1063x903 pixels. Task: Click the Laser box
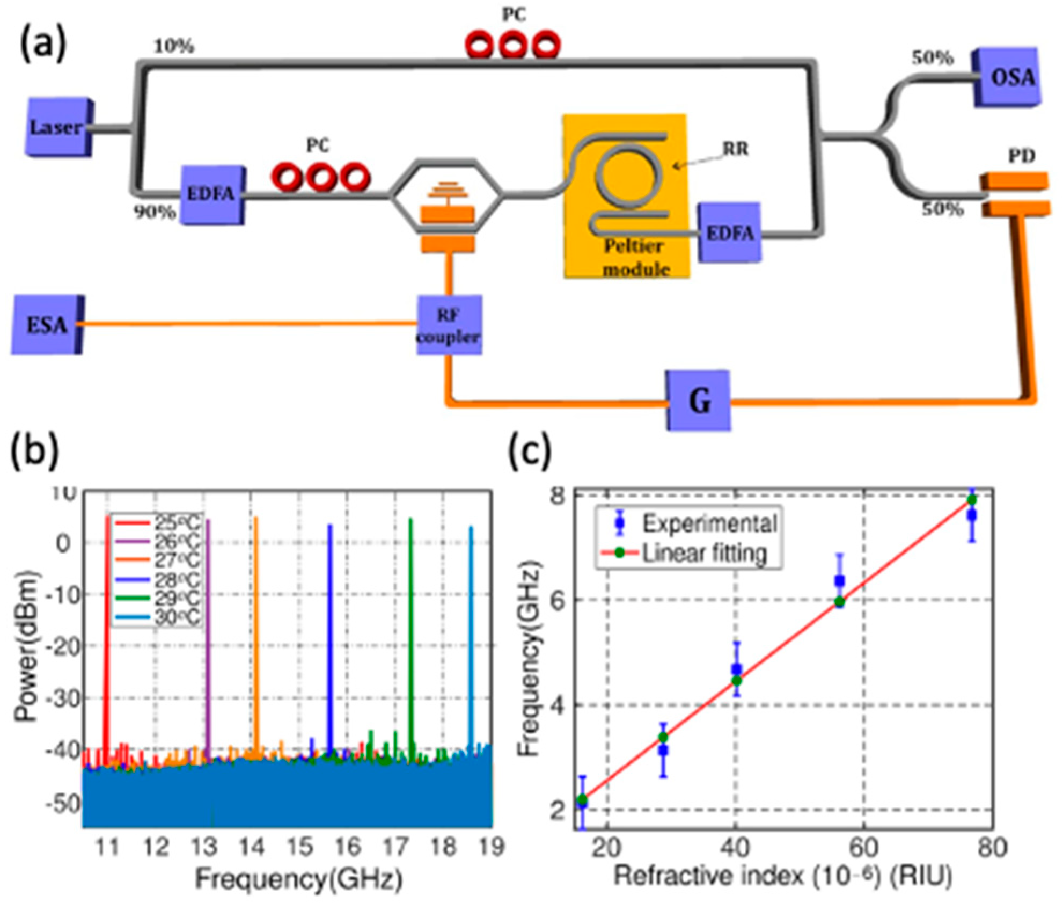point(58,127)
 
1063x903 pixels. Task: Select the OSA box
point(1007,78)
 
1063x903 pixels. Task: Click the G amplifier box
point(699,400)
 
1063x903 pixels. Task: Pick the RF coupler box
point(449,325)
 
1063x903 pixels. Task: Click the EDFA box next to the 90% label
point(211,194)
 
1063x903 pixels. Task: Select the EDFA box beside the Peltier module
point(729,233)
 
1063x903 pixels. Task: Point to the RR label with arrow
point(735,149)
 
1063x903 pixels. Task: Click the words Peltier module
point(635,258)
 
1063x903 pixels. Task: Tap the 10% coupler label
point(173,47)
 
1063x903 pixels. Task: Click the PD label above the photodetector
point(1021,156)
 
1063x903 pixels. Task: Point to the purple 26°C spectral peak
point(208,617)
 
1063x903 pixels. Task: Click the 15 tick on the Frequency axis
point(299,847)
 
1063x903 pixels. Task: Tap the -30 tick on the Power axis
point(63,698)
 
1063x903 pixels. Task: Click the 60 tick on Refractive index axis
point(864,848)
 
